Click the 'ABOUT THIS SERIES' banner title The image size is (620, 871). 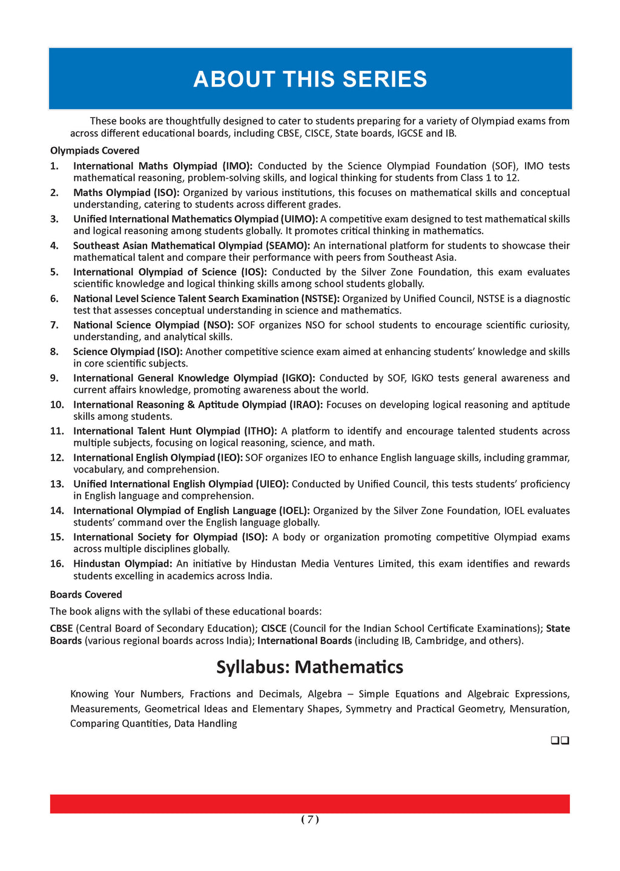[x=310, y=79]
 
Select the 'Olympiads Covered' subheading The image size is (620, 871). [x=94, y=151]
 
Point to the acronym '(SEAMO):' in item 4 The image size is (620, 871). [x=288, y=246]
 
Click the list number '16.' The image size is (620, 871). [x=57, y=564]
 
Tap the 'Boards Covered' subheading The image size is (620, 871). [x=86, y=595]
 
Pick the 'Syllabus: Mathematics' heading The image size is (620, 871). [x=310, y=667]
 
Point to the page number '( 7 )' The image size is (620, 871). [x=310, y=820]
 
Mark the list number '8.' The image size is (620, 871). [x=54, y=352]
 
